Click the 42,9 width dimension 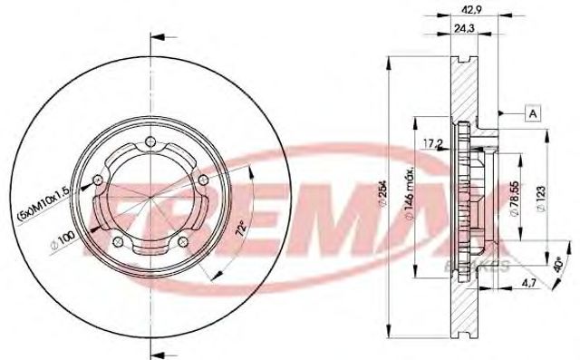click(x=469, y=12)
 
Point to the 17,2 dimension click(x=434, y=143)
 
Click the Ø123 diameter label click(x=540, y=194)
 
